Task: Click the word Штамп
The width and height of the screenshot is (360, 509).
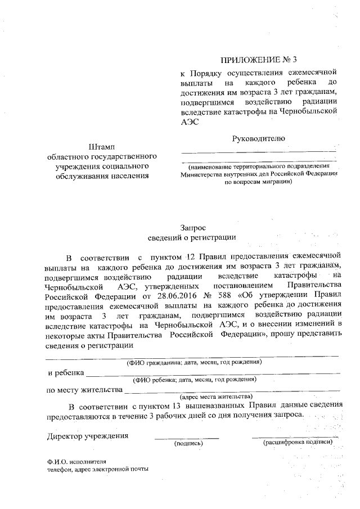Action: [102, 147]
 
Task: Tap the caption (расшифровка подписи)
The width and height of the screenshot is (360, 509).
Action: [298, 443]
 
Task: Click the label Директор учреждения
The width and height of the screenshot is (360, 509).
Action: [88, 436]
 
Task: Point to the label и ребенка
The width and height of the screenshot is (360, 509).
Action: [66, 372]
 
